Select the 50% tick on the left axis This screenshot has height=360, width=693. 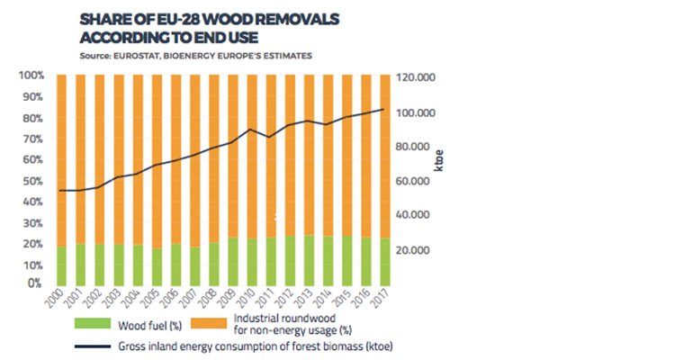31,180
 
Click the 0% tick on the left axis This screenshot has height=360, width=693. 33,283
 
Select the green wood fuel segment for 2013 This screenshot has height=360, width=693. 309,260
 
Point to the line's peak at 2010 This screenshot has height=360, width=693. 251,130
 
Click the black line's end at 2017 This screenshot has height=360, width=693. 384,109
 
